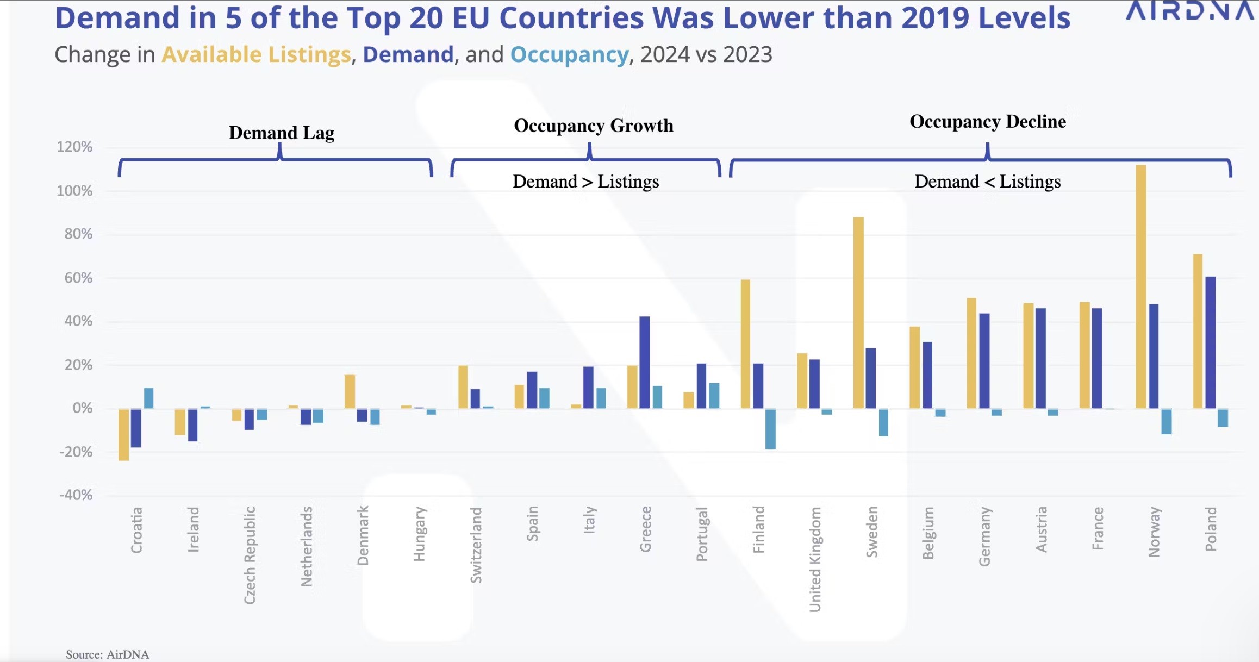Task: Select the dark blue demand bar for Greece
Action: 644,362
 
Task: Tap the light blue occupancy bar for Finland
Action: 770,429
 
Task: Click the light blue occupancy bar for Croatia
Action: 148,398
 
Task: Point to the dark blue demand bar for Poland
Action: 1210,342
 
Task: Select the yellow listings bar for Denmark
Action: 350,391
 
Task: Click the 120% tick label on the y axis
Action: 74,147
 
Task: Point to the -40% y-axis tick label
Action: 76,495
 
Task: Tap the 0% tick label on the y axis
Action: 82,408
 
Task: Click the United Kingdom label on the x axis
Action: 815,559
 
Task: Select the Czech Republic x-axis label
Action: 250,555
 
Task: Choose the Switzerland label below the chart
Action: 476,545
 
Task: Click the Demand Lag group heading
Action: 281,133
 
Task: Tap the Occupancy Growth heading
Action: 593,126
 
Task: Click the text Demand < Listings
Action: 987,182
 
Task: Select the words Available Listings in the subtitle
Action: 256,54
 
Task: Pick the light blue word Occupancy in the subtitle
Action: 569,54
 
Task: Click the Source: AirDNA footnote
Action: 107,654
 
